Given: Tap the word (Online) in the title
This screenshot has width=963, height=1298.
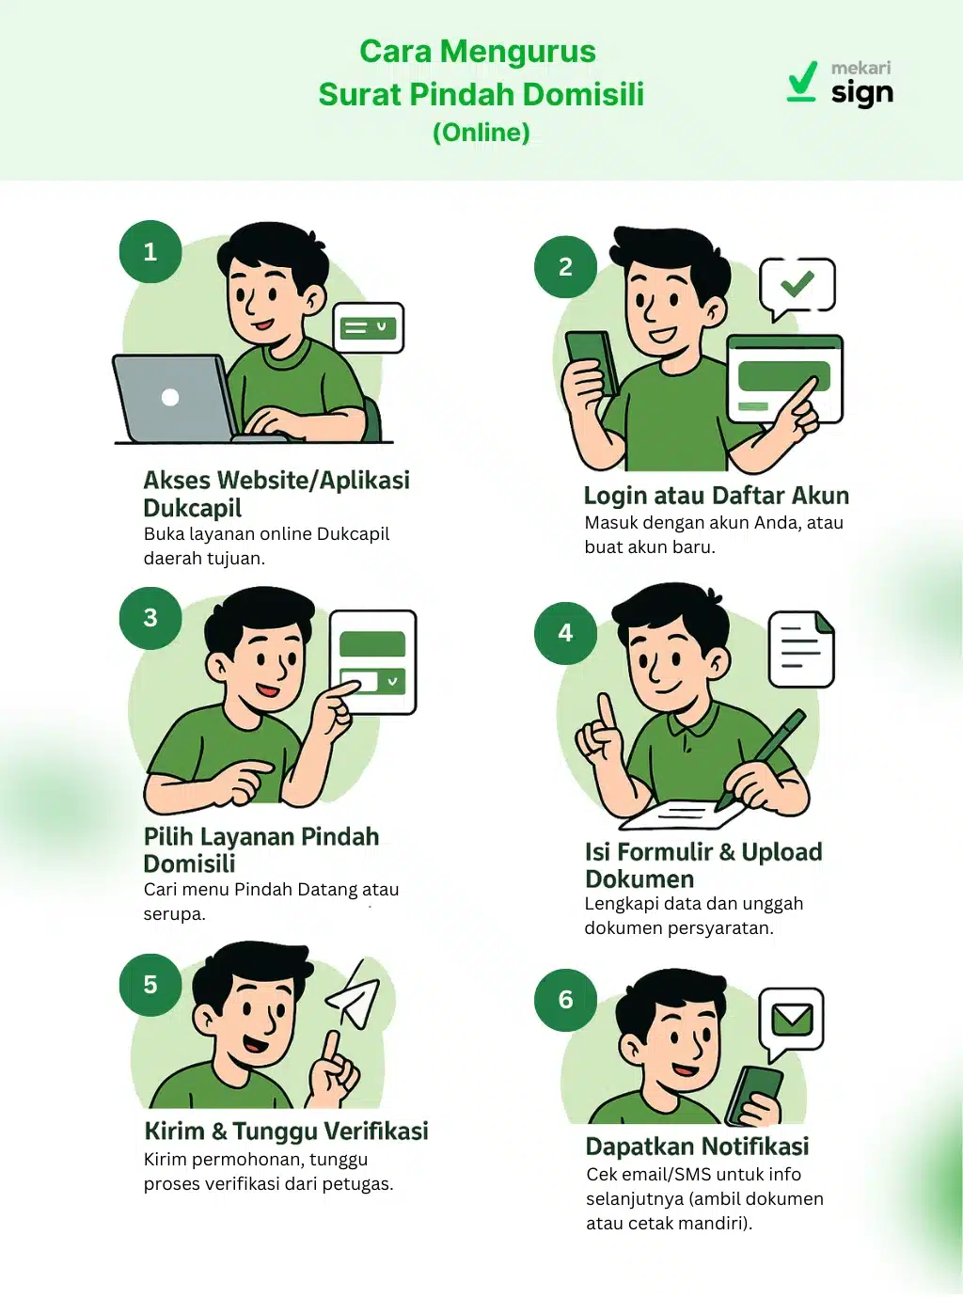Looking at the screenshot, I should pos(481,133).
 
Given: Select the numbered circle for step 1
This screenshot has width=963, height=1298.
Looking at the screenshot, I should pos(150,251).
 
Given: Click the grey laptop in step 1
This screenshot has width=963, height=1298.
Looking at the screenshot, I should pos(174,398).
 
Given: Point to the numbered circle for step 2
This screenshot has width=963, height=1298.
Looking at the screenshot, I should pos(565,267).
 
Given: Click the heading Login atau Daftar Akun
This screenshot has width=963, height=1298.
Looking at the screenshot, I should pos(716,496).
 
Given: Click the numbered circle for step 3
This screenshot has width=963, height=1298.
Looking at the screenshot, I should pos(150,618).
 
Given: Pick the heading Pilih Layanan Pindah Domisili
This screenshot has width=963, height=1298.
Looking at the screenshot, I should pos(260,849).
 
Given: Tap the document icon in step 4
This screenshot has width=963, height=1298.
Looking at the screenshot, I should pos(801,648).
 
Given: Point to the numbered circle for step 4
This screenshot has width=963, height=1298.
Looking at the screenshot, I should pos(565,633).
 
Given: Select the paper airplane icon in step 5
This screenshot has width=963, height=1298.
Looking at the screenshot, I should pos(355,995).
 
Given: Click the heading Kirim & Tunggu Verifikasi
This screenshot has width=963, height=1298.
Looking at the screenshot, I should pos(286,1131).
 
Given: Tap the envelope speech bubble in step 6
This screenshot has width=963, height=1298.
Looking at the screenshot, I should pos(792,1020).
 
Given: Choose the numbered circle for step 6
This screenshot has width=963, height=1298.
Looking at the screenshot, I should pos(565,1000).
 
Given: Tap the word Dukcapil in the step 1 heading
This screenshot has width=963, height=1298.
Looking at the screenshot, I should pos(192,509).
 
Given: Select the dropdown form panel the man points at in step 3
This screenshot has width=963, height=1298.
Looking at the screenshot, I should pos(372,662).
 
